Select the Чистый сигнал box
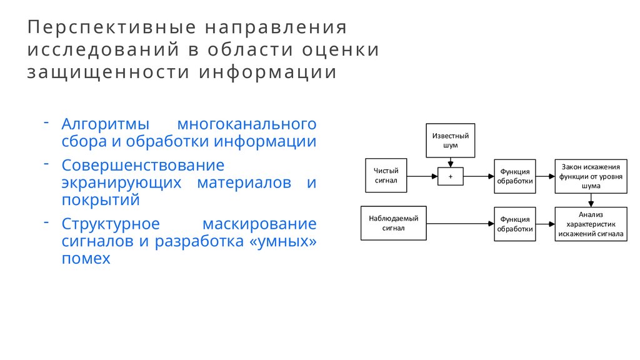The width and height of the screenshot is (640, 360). tap(386, 176)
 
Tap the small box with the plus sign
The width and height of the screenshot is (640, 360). tap(450, 176)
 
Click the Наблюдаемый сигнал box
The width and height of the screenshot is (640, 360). tap(393, 223)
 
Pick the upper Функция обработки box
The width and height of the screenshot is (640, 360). tap(514, 176)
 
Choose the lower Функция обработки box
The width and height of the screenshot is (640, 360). tap(514, 223)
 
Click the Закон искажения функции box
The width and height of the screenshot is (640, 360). tap(590, 176)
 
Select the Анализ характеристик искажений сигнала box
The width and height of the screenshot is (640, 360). tap(590, 223)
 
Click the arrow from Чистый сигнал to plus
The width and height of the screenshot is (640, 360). tap(422, 176)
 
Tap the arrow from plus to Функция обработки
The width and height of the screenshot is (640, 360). tap(478, 176)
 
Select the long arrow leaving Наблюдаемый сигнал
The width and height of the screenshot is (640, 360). tap(459, 223)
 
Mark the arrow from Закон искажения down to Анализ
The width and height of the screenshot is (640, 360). tap(591, 200)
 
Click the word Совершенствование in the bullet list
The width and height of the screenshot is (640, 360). tap(142, 166)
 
